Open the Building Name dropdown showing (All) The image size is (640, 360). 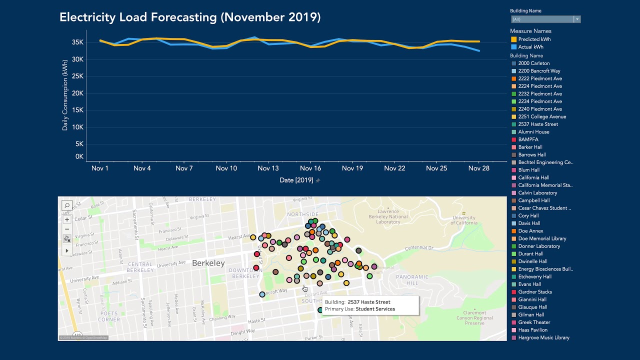[545, 19]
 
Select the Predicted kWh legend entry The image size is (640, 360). [534, 39]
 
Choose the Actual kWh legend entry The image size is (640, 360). [530, 47]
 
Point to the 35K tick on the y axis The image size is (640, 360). [77, 42]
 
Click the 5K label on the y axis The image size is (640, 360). [79, 144]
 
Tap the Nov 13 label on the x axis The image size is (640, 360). [268, 168]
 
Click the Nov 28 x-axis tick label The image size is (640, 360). [478, 168]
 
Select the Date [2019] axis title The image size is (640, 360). [296, 180]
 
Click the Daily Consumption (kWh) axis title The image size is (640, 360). [65, 95]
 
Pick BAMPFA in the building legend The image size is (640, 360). [528, 139]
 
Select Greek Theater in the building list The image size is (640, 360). [534, 322]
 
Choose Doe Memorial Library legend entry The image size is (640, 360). [542, 238]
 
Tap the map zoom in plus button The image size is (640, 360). [67, 219]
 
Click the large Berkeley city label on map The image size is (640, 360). [208, 263]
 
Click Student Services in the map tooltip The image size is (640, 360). [375, 309]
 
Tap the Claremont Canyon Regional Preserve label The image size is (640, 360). [474, 317]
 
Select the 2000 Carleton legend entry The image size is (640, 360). [533, 63]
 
